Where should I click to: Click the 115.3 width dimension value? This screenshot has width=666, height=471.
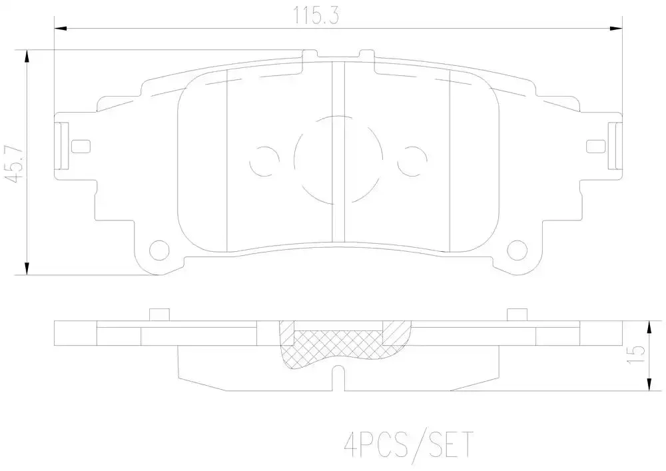click(x=316, y=17)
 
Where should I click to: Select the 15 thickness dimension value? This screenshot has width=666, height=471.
click(x=636, y=354)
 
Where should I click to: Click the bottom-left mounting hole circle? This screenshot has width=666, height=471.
click(x=160, y=250)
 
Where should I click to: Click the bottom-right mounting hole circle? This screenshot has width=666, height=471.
click(x=517, y=250)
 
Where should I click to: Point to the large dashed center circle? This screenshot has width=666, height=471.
click(x=294, y=160)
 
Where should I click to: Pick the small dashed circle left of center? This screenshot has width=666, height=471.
click(x=250, y=161)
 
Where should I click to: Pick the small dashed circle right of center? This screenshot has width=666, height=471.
click(x=427, y=161)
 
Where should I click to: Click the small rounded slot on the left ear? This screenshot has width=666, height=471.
click(x=81, y=146)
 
